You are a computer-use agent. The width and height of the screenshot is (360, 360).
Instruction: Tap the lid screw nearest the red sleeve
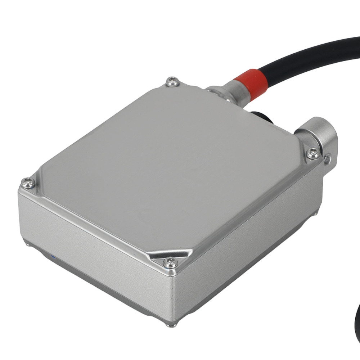tap(173, 82)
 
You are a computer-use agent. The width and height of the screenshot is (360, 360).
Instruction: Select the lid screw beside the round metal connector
tap(312, 154)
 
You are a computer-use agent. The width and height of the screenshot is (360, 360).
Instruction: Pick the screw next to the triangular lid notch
tap(169, 262)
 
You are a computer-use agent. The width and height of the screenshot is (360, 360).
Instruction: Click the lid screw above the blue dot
tap(28, 184)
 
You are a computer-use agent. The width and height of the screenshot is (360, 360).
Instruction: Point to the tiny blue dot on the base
tap(53, 257)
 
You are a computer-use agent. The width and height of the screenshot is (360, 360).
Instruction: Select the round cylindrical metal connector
tap(320, 135)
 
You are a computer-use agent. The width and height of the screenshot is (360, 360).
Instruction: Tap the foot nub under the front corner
tap(170, 325)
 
